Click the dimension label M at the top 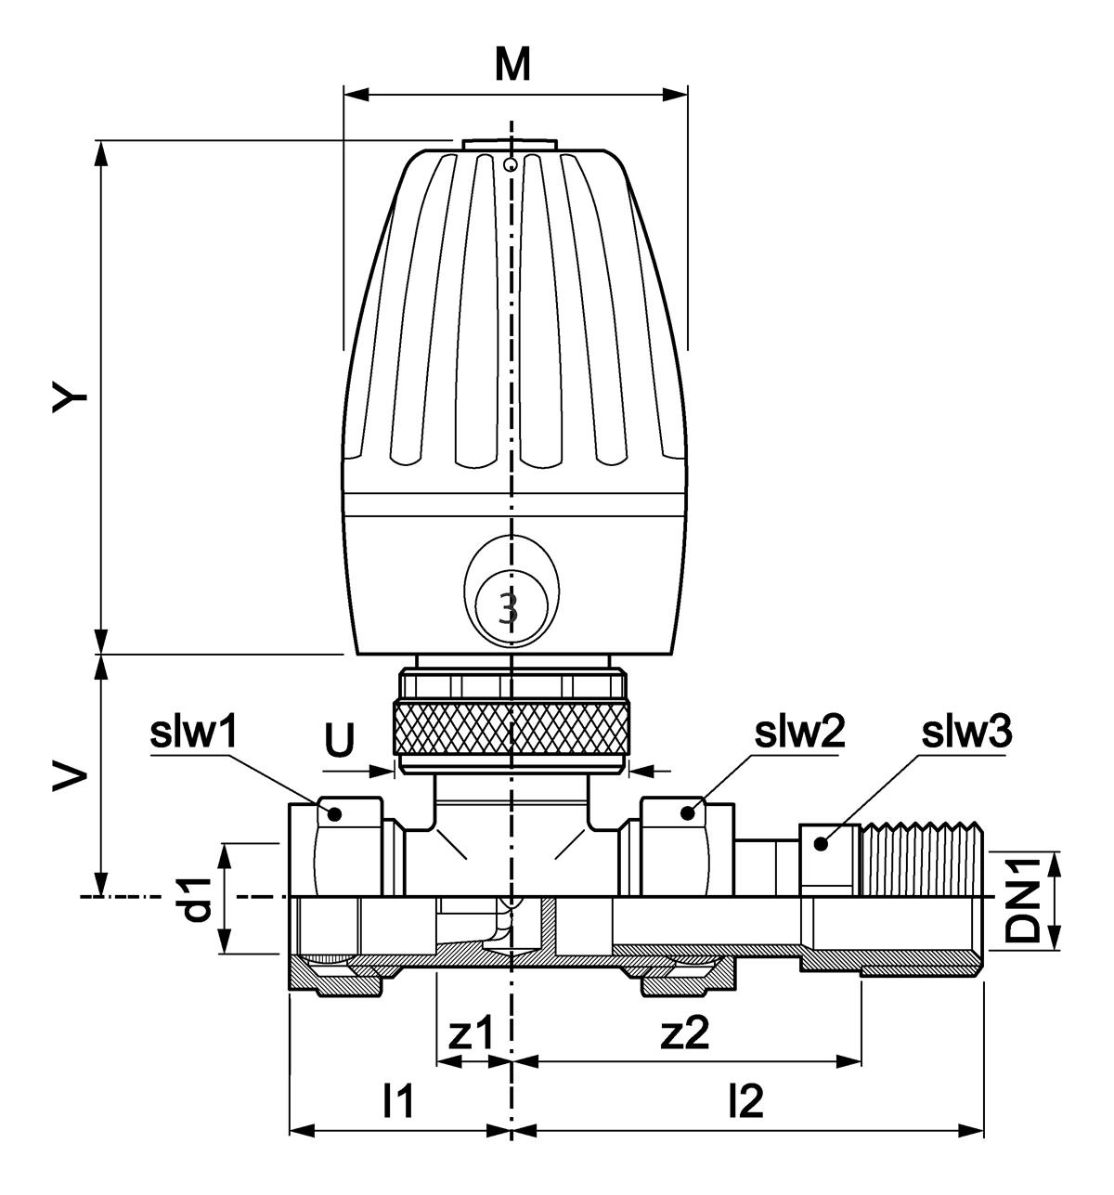point(512,64)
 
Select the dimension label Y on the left point(71,396)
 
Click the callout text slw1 point(195,734)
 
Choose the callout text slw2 point(798,734)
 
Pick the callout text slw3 point(965,734)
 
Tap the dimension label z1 point(473,1034)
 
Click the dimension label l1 point(397,1102)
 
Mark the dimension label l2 point(745,1102)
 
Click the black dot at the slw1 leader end point(335,814)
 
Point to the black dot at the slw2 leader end point(687,813)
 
